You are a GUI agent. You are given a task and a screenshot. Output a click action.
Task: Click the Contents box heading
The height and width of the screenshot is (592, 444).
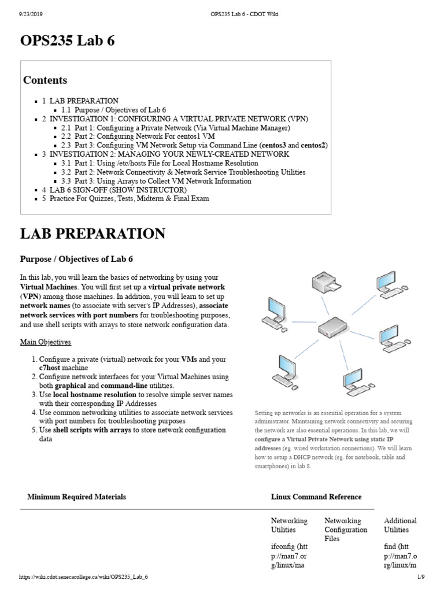pyautogui.click(x=45, y=80)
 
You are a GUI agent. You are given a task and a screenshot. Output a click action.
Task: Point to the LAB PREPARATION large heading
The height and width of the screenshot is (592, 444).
pyautogui.click(x=92, y=234)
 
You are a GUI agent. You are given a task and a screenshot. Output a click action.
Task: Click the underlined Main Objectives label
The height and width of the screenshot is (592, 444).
pyautogui.click(x=46, y=342)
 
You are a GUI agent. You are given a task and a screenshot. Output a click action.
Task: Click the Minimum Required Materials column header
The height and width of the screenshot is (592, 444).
pyautogui.click(x=76, y=497)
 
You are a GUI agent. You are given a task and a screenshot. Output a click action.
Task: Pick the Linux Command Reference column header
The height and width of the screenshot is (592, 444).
pyautogui.click(x=316, y=497)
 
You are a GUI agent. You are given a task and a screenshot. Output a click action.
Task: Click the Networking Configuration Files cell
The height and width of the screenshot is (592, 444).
pyautogui.click(x=345, y=530)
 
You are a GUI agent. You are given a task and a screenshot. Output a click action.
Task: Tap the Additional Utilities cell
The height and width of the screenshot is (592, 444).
pyautogui.click(x=400, y=525)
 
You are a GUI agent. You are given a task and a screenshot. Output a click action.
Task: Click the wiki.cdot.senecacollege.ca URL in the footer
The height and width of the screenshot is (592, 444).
pyautogui.click(x=84, y=584)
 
